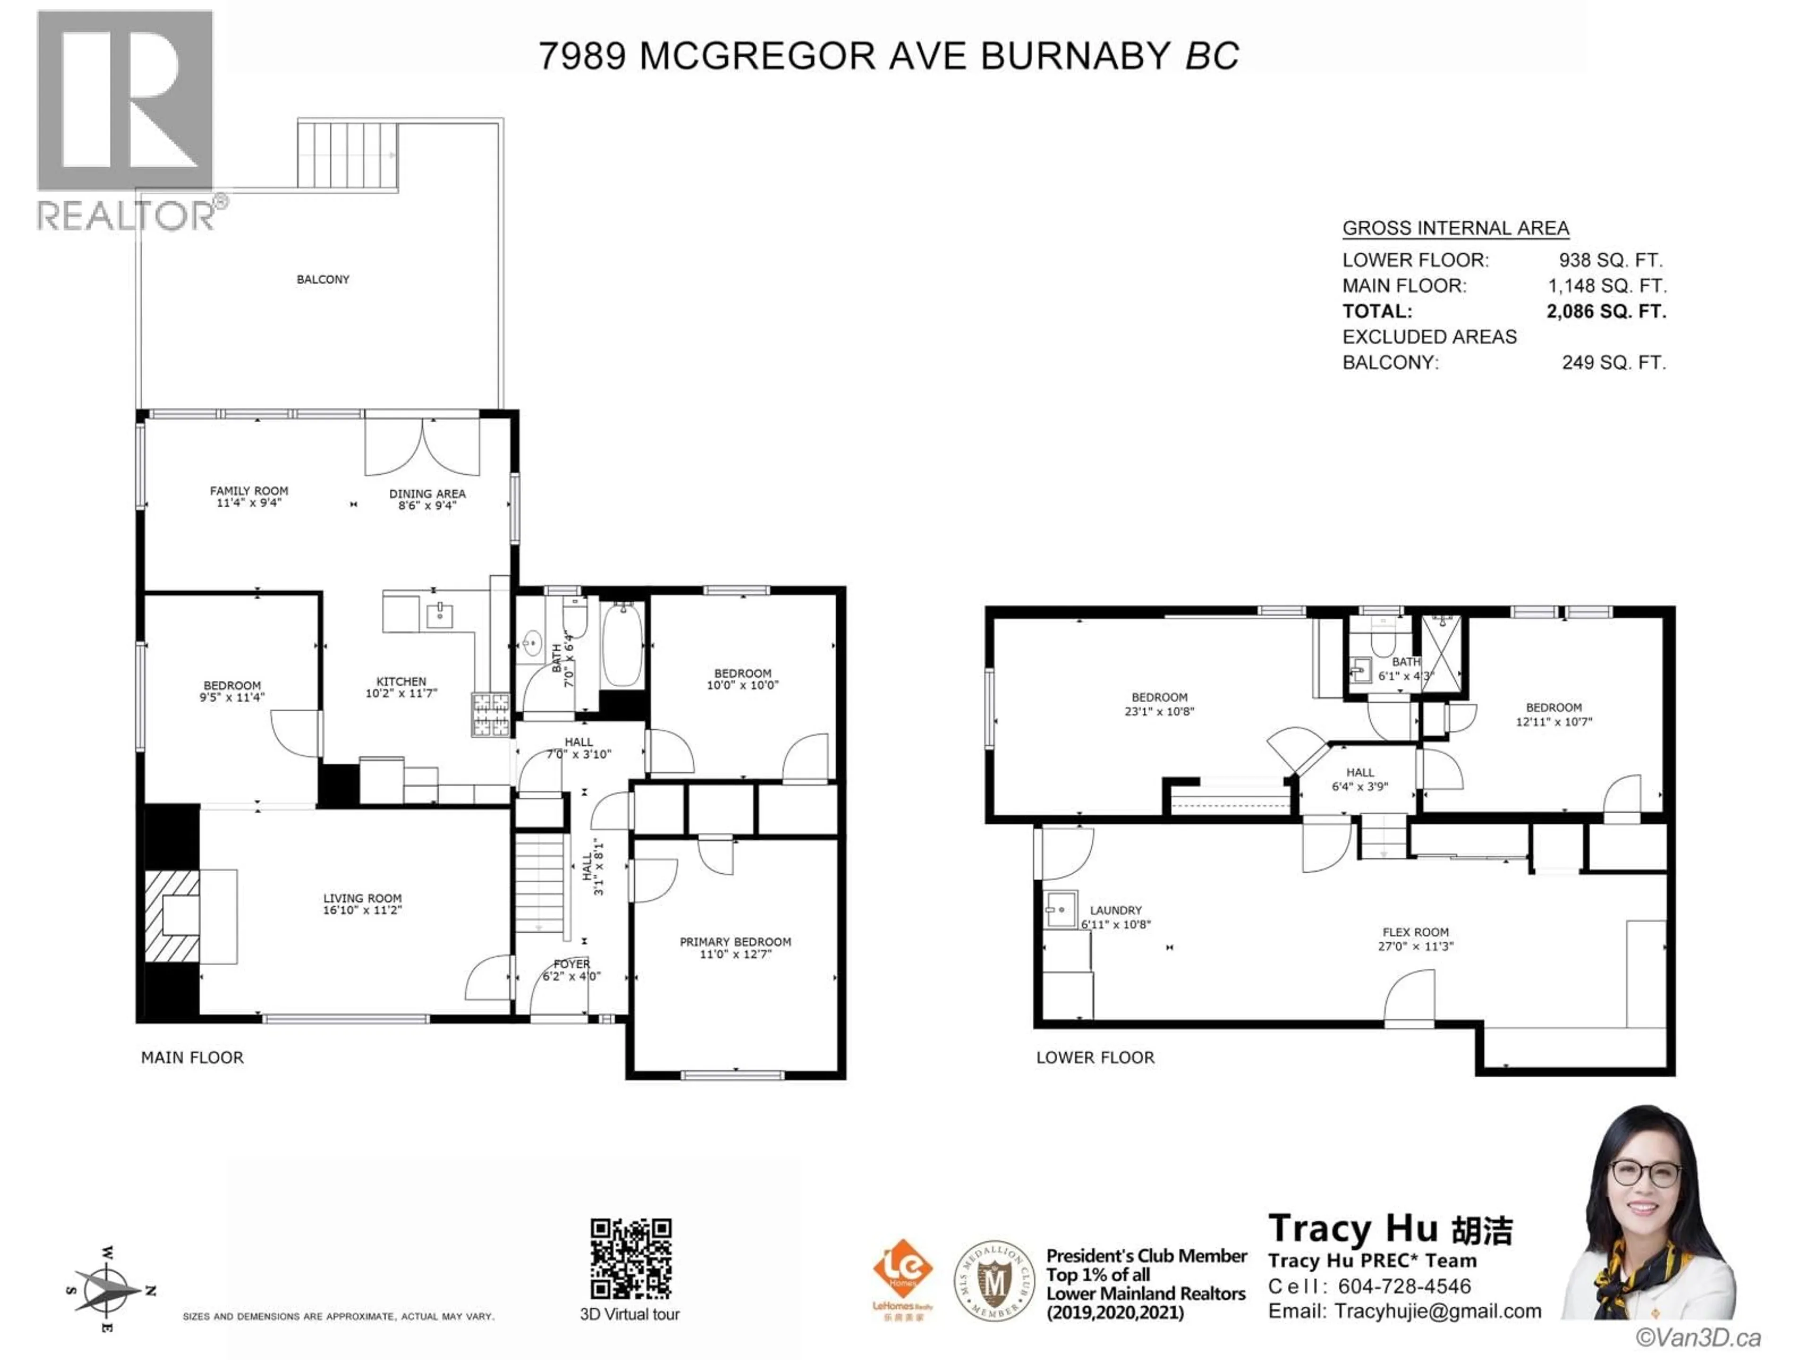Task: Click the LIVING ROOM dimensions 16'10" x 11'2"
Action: [362, 910]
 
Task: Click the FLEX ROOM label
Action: [1415, 932]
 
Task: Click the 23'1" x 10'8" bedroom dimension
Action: [1159, 712]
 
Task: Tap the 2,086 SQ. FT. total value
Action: [1606, 312]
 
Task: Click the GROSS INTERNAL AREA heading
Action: [1455, 228]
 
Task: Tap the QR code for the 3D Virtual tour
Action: [631, 1258]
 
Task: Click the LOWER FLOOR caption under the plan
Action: [1095, 1057]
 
